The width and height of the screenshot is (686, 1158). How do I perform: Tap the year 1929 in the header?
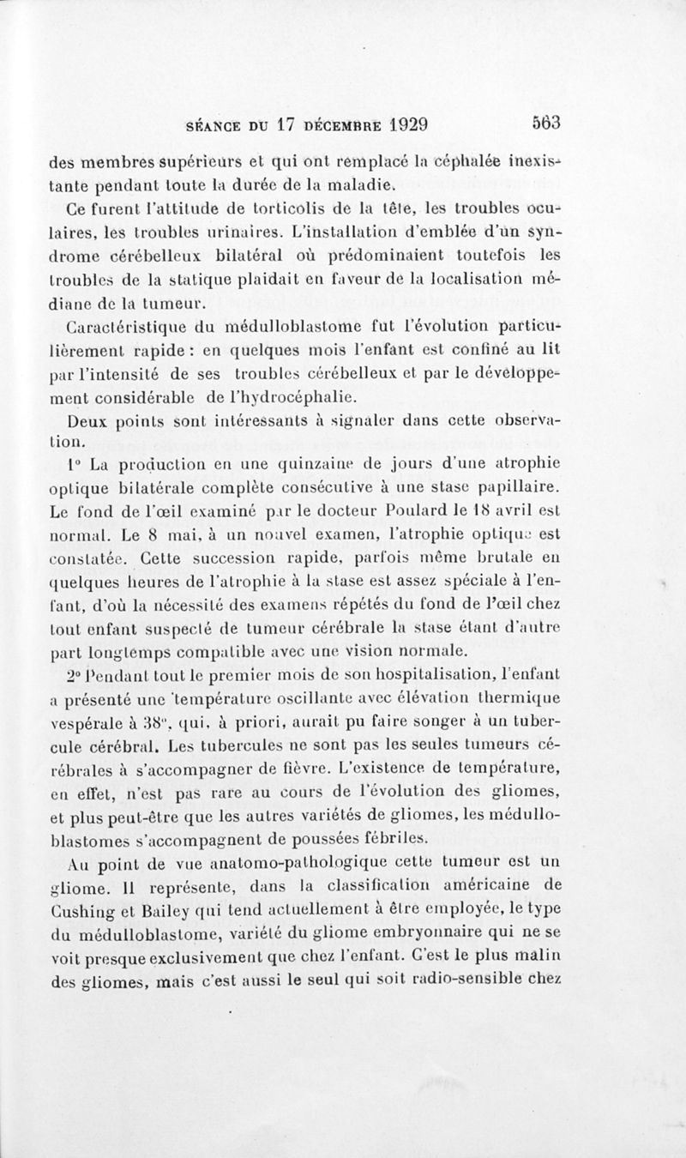pos(396,124)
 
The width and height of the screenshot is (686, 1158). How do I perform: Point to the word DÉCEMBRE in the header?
pos(334,124)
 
